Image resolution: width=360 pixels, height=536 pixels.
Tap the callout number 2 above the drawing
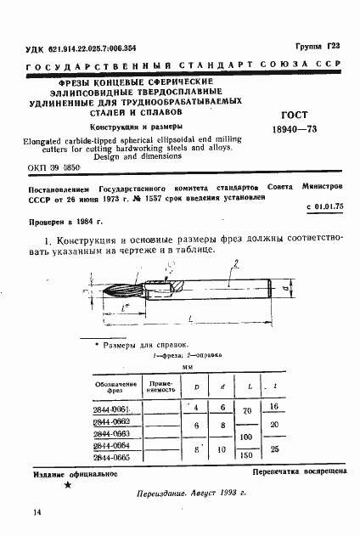(235, 262)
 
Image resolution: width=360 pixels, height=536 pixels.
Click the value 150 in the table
(248, 454)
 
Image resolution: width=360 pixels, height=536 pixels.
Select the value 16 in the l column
(273, 408)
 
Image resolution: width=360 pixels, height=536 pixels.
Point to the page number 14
(37, 511)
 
